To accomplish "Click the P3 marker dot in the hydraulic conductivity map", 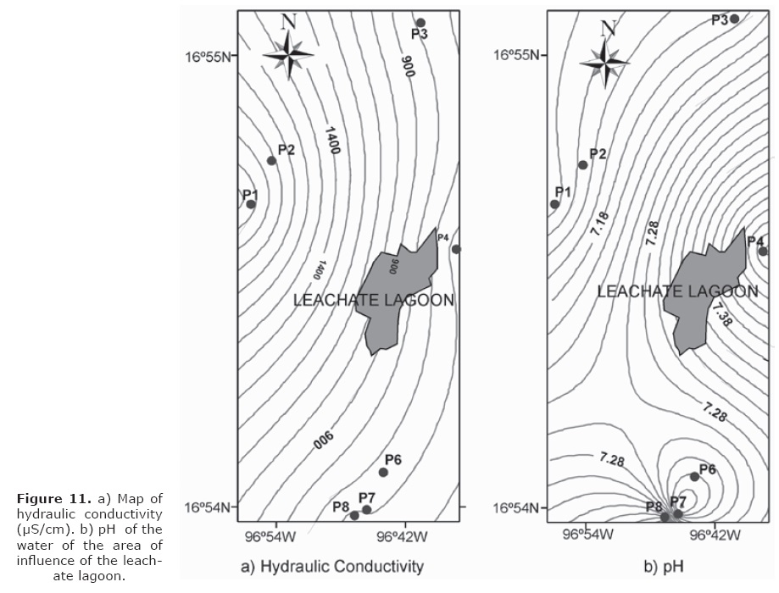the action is [x=420, y=23].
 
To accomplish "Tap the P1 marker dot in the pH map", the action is [x=555, y=204].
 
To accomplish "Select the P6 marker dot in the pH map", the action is [x=694, y=477].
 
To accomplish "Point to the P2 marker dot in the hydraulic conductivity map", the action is [x=272, y=160].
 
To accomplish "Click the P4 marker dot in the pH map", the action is [x=762, y=251].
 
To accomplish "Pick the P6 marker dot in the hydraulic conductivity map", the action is [x=383, y=472].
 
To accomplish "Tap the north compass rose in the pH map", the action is [x=604, y=61].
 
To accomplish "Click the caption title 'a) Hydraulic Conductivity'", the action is [x=332, y=566].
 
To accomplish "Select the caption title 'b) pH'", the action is [x=663, y=566].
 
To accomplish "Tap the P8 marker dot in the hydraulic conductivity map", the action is [x=354, y=515].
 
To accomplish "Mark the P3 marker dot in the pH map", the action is [x=735, y=19].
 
